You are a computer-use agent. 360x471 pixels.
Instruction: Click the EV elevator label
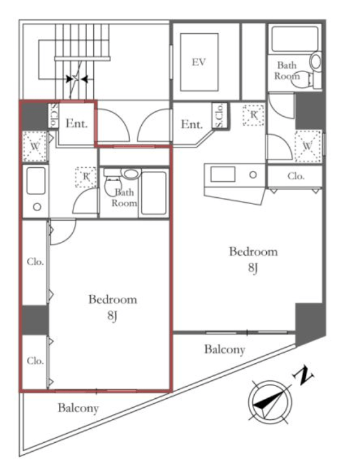pos(199,62)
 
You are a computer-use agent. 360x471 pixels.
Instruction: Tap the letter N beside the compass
pos(303,375)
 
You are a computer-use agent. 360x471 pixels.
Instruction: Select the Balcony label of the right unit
pos(225,349)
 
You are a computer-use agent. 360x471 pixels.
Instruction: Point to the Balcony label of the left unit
pos(78,408)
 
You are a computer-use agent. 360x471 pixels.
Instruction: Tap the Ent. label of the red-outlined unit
pos(76,123)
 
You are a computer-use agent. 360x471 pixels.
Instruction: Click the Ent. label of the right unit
pos(192,124)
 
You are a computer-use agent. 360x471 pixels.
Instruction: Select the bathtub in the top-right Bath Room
pos(294,39)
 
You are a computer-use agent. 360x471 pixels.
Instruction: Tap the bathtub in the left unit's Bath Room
pos(154,193)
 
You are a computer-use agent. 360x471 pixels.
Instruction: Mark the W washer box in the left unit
pos(35,147)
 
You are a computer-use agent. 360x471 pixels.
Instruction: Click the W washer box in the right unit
pos(308,146)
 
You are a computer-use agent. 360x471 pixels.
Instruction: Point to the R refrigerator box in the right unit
pos(254,115)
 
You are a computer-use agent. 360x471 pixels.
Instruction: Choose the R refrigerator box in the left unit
pos(86,177)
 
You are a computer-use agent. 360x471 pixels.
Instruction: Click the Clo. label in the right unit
pos(296,176)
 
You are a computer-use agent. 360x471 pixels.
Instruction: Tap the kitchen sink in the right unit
pos(222,174)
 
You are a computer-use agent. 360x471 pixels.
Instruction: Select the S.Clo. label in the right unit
pos(219,115)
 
